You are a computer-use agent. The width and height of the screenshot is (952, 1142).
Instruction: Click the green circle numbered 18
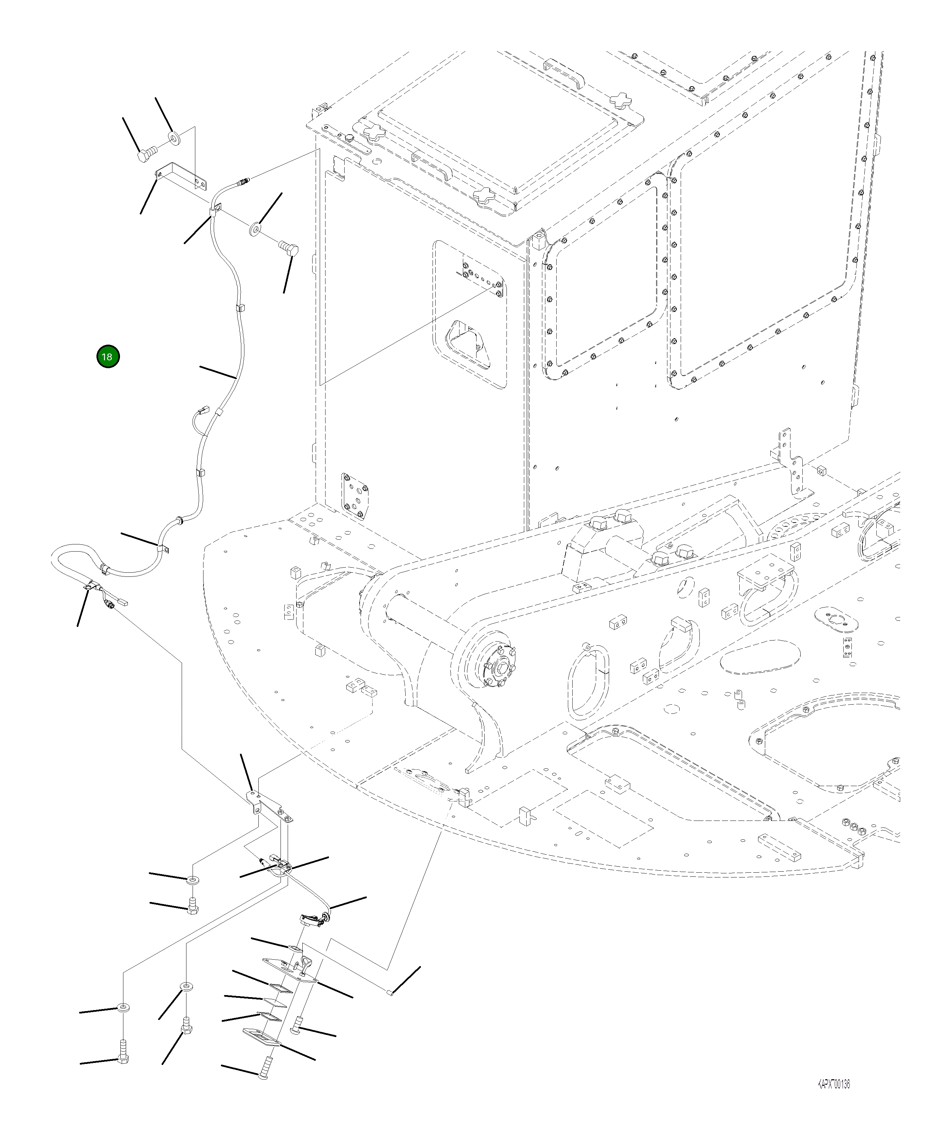point(108,357)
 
